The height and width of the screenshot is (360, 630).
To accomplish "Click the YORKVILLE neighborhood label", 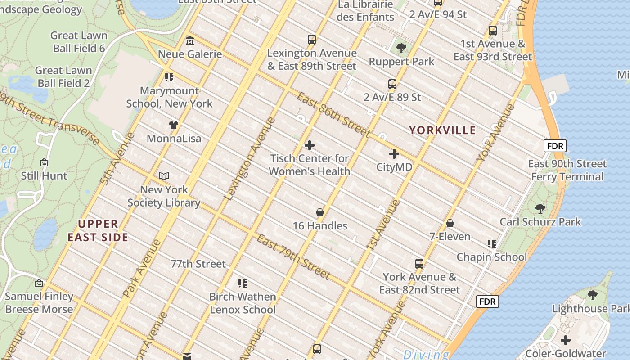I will coord(442,130).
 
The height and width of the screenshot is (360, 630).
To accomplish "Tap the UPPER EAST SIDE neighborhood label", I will coord(98,230).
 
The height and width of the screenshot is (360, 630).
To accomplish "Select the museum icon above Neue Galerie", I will coord(190,41).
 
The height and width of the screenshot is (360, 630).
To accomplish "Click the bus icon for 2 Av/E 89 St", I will coord(392,84).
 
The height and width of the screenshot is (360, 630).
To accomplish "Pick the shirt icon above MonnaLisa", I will coord(174,125).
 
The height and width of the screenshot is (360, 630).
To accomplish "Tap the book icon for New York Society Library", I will coord(164,176).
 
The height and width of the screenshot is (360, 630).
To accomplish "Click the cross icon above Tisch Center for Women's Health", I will coord(310,145).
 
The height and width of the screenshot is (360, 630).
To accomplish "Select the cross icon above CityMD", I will coord(394,154).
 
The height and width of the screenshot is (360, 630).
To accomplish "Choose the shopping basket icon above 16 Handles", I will coord(320,212).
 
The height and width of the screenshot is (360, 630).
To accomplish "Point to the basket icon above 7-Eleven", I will coord(450,223).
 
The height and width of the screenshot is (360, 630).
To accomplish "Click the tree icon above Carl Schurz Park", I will coord(540,209).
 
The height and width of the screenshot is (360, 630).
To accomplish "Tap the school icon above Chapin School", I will coord(492,244).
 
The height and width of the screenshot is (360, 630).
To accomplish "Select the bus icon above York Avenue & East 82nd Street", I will coord(419,264).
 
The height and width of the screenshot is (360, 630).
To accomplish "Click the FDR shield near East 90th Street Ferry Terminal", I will coord(554,146).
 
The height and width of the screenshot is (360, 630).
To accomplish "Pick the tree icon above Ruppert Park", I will coord(401,48).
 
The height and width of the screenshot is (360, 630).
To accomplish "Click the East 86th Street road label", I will coord(333,115).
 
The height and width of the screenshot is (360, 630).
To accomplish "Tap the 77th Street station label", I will coord(198,264).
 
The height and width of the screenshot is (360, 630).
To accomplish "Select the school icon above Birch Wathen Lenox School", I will coord(243,283).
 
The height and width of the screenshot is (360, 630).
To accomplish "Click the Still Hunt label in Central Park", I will coord(44,175).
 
